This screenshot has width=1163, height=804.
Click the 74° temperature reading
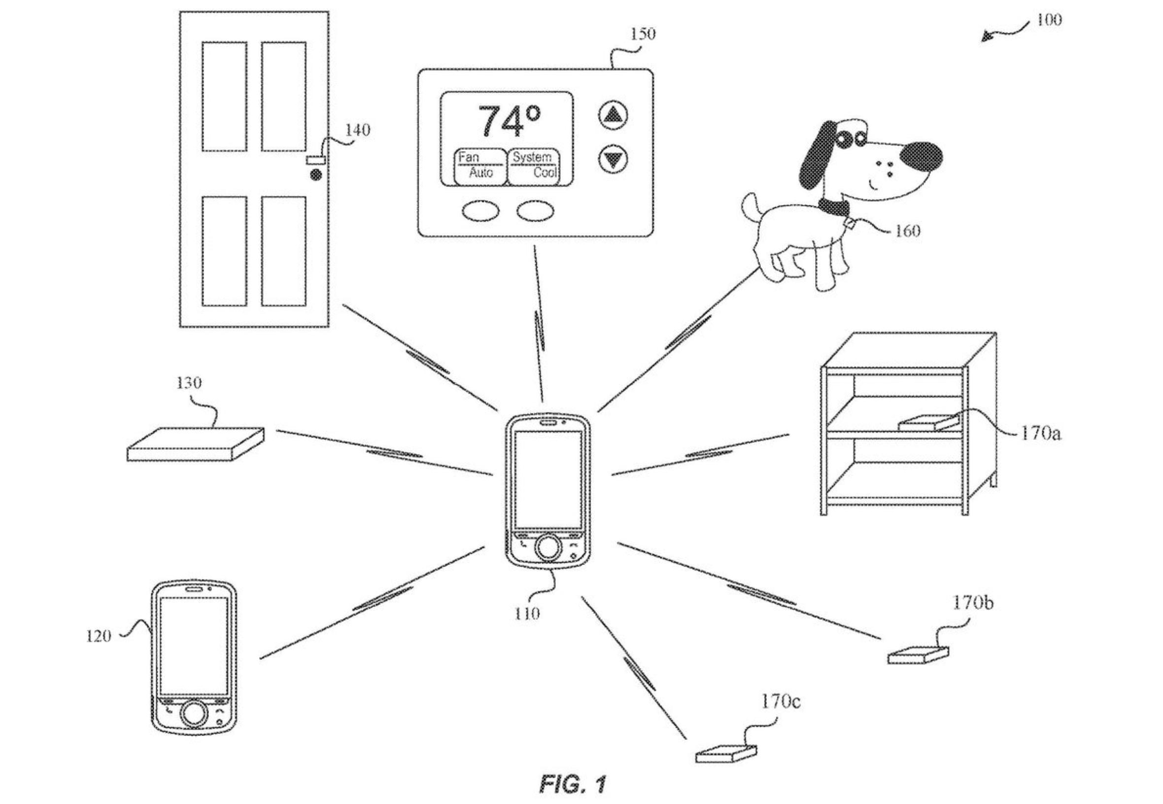coord(509,121)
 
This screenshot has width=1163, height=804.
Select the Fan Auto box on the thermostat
coord(479,165)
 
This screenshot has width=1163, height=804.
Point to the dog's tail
coord(751,207)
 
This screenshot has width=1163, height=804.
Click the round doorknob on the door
coord(316,175)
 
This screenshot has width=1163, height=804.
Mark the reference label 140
coord(357,131)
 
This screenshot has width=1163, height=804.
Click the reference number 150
coord(643,34)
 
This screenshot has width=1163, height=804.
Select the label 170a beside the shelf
coord(1041,434)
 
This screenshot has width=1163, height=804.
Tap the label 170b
coord(972,603)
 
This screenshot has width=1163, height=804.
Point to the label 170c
coord(780,702)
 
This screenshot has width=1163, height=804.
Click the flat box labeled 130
coord(195,444)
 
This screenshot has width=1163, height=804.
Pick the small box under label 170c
coord(726,755)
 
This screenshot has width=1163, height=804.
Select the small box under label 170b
coord(918,655)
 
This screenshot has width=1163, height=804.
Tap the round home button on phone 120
coord(194,713)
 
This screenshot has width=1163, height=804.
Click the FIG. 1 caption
coord(573,784)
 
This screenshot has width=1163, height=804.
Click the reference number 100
coord(1049,20)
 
